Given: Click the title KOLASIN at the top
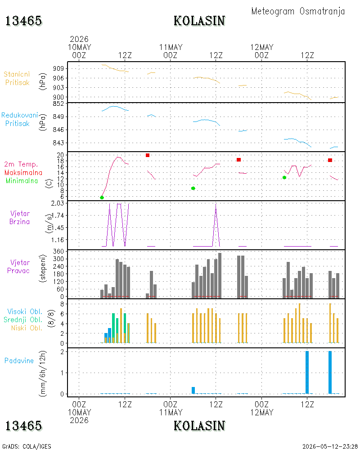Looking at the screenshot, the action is click(199, 21).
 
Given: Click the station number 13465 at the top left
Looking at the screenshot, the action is click(23, 21).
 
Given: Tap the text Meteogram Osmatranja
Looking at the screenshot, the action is click(298, 11).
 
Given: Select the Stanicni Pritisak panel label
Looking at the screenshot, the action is click(17, 78).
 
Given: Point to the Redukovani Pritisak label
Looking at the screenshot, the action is click(19, 119).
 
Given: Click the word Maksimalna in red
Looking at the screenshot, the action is click(23, 172).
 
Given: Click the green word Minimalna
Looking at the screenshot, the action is click(22, 181).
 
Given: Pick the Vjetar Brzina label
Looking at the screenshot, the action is click(19, 217).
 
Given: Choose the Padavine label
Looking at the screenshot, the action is click(19, 361).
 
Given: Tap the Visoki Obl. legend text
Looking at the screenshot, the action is click(25, 311).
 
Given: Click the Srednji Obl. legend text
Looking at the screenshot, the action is click(23, 319).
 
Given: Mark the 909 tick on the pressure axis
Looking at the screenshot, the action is click(58, 68).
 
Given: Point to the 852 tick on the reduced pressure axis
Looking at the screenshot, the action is click(58, 103).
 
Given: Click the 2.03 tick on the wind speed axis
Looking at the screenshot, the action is click(58, 203).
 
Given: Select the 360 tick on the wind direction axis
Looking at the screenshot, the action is click(58, 252).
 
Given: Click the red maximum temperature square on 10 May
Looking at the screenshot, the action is click(148, 155).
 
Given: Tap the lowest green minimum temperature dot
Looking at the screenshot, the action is click(102, 198).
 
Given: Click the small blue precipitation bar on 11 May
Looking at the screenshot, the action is click(193, 390).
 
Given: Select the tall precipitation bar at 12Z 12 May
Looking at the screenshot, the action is click(307, 372).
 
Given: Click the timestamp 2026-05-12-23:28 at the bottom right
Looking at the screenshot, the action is click(330, 446).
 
